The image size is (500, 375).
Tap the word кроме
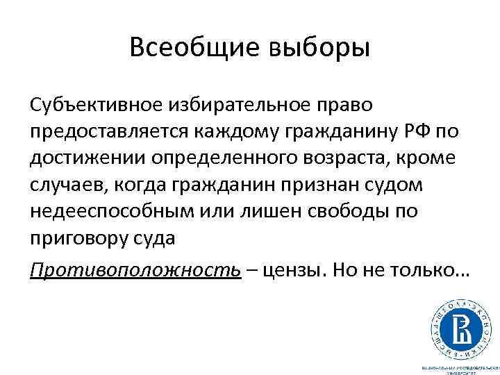[x=431, y=158]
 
